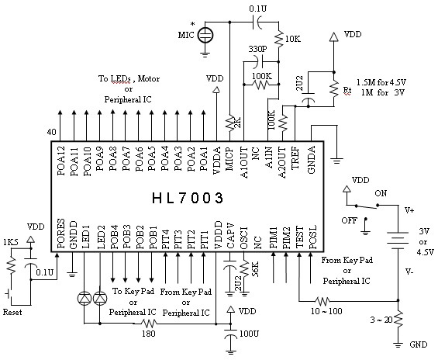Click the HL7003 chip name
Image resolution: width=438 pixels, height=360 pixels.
(x=188, y=198)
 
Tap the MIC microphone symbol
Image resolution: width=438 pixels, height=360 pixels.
(x=205, y=35)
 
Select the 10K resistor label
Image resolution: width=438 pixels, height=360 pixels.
(x=293, y=39)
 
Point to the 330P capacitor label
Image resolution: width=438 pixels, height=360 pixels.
(x=257, y=49)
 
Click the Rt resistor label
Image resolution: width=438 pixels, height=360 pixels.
(x=347, y=91)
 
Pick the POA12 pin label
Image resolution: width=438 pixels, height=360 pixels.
(x=61, y=161)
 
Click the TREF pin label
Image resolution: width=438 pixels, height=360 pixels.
(x=295, y=158)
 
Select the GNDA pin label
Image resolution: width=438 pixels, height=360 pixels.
(x=311, y=160)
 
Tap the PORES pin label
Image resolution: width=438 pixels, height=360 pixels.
(x=61, y=234)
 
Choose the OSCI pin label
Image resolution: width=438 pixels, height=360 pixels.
(x=243, y=237)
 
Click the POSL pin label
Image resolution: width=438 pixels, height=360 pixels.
(x=313, y=237)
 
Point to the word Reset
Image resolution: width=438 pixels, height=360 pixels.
(x=12, y=312)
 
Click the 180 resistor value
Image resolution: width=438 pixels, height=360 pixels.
(x=149, y=334)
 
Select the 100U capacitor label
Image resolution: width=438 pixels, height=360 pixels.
(x=249, y=334)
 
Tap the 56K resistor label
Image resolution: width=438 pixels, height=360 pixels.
(x=255, y=269)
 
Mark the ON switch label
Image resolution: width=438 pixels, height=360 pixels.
(x=381, y=193)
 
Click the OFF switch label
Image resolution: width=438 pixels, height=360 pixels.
(x=349, y=220)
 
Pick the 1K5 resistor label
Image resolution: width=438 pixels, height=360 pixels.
(x=10, y=242)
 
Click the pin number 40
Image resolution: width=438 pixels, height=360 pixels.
(x=51, y=132)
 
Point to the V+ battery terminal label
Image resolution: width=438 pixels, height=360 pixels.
(x=409, y=210)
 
